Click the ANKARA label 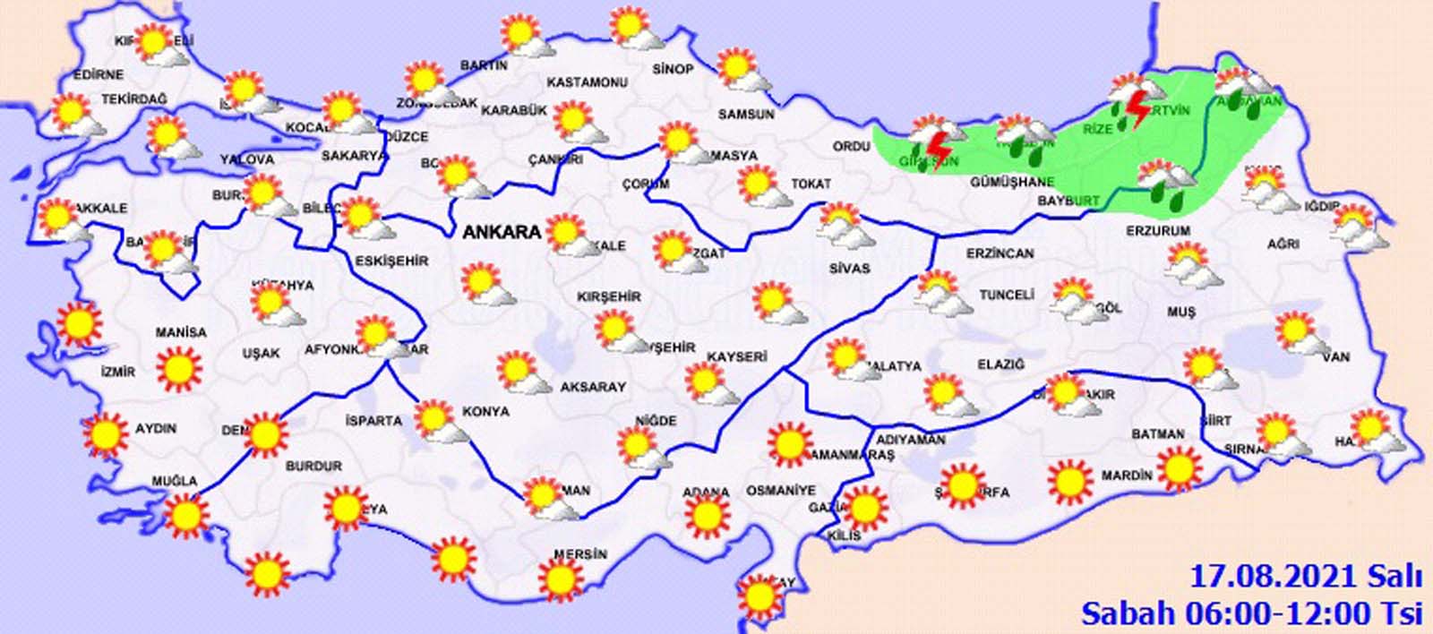pyautogui.click(x=502, y=232)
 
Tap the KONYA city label pyautogui.click(x=485, y=411)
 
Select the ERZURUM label pyautogui.click(x=1158, y=230)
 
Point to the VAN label pyautogui.click(x=1340, y=357)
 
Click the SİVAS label pyautogui.click(x=850, y=268)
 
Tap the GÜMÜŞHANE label pyautogui.click(x=1012, y=181)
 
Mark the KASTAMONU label pyautogui.click(x=586, y=82)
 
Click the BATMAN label pyautogui.click(x=1158, y=433)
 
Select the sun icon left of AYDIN pyautogui.click(x=106, y=434)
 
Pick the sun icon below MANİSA pyautogui.click(x=178, y=368)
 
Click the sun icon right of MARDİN pyautogui.click(x=1180, y=467)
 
